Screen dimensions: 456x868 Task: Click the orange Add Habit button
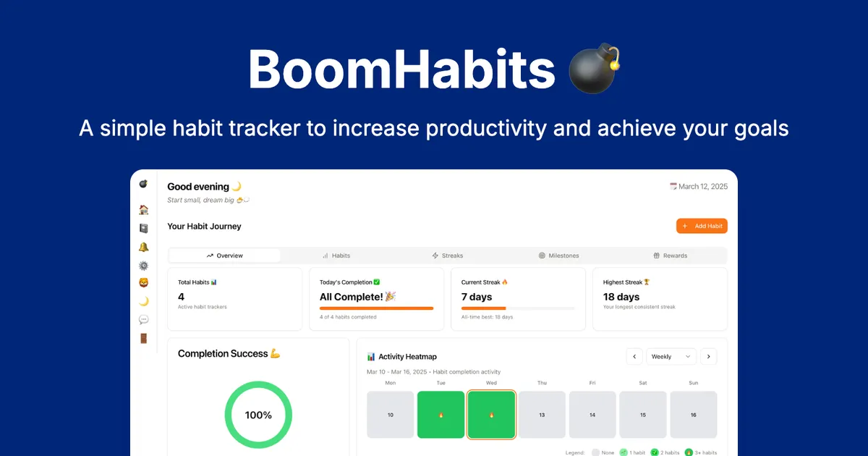click(x=702, y=226)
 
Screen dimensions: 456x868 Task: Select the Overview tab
click(x=225, y=256)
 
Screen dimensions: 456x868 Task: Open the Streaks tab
click(x=448, y=256)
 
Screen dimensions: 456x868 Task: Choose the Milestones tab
click(x=558, y=256)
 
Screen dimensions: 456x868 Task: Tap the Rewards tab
click(x=671, y=256)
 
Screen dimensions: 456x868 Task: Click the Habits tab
click(x=336, y=256)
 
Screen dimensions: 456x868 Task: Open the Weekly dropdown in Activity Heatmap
click(x=671, y=356)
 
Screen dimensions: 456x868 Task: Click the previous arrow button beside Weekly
click(x=634, y=356)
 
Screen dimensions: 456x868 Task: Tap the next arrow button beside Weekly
click(x=709, y=356)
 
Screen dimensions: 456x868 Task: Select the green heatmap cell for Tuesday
click(x=441, y=415)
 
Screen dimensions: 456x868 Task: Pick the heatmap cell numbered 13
click(x=542, y=415)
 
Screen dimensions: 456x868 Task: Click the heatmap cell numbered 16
click(x=693, y=415)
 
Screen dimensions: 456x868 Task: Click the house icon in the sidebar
click(x=144, y=210)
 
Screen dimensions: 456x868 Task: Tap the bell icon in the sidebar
click(x=144, y=247)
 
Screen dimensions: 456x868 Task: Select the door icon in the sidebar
click(x=144, y=338)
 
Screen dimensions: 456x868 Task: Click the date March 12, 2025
click(x=702, y=187)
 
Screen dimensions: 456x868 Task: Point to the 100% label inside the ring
click(x=258, y=415)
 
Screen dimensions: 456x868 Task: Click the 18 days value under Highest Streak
click(x=621, y=297)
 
